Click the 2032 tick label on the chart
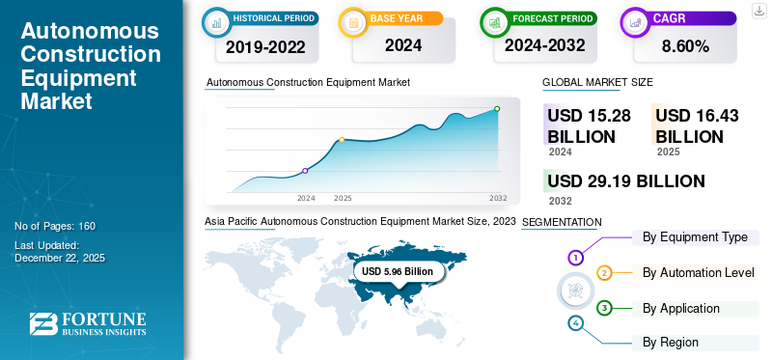(498, 198)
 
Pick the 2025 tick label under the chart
(343, 198)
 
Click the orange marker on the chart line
(342, 140)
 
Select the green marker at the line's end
(497, 108)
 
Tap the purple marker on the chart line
(305, 171)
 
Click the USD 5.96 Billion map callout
(398, 271)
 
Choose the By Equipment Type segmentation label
(695, 237)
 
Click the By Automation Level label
(698, 273)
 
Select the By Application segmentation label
(681, 309)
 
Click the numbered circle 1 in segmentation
(575, 258)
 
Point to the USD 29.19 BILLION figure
(626, 181)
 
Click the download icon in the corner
(759, 11)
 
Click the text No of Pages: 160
(55, 226)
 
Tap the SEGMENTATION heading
(562, 222)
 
